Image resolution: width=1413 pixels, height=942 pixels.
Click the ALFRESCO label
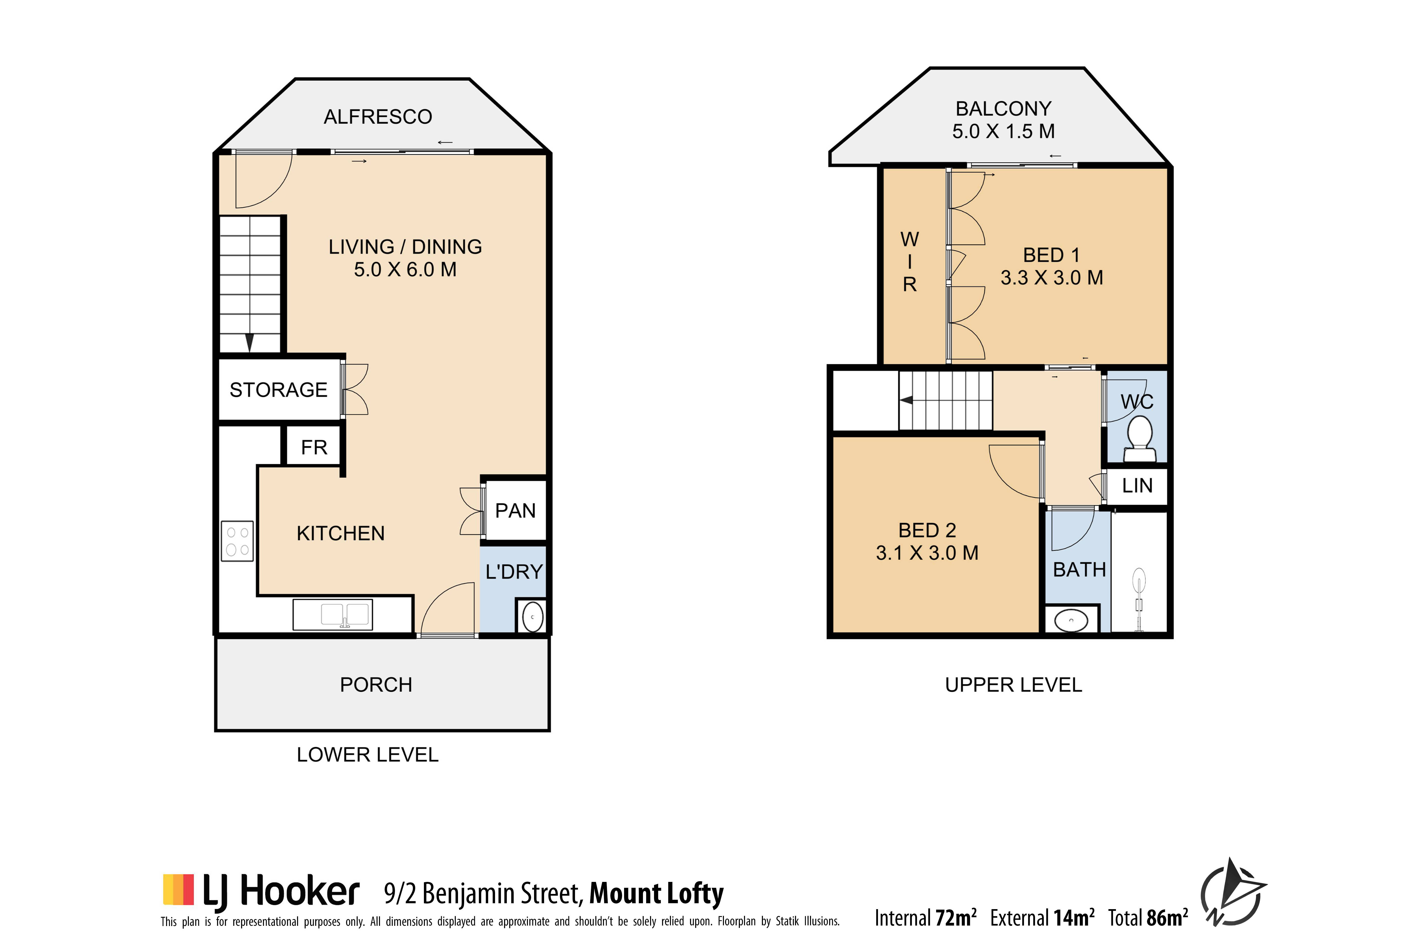pyautogui.click(x=378, y=117)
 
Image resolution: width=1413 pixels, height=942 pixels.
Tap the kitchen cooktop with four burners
pyautogui.click(x=237, y=541)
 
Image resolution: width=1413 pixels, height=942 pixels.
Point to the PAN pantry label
pyautogui.click(x=515, y=511)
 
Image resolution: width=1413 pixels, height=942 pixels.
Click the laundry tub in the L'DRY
pyautogui.click(x=532, y=617)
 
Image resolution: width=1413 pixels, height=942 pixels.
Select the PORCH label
pyautogui.click(x=376, y=685)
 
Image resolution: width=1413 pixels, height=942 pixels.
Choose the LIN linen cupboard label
pyautogui.click(x=1137, y=485)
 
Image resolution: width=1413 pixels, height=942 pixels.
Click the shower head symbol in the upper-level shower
pyautogui.click(x=1138, y=582)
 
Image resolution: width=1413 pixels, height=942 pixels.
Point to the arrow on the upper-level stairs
pyautogui.click(x=906, y=400)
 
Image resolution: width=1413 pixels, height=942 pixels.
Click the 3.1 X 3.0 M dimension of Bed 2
pyautogui.click(x=927, y=553)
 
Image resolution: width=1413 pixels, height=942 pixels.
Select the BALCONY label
pyautogui.click(x=1003, y=109)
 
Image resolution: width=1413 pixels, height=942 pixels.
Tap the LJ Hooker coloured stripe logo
pyautogui.click(x=178, y=890)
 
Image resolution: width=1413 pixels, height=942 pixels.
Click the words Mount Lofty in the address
pyautogui.click(x=657, y=893)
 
